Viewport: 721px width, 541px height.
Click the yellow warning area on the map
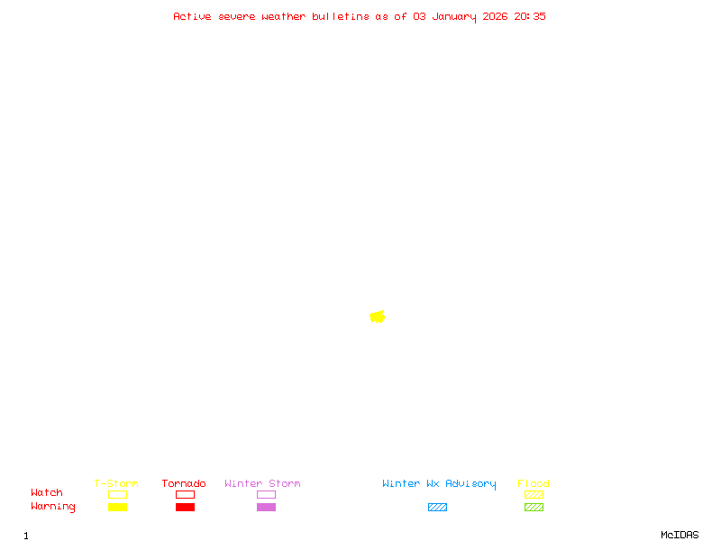pyautogui.click(x=377, y=316)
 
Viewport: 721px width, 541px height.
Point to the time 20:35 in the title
pyautogui.click(x=530, y=16)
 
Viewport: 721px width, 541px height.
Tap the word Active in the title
pyautogui.click(x=193, y=16)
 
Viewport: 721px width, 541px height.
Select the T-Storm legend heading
pyautogui.click(x=116, y=483)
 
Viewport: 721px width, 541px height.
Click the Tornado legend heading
pyautogui.click(x=184, y=483)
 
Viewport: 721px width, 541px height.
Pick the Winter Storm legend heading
pyautogui.click(x=262, y=483)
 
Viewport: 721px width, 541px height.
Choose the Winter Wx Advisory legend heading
pyautogui.click(x=439, y=483)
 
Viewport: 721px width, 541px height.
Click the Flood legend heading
pyautogui.click(x=534, y=483)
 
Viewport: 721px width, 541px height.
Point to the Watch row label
pyautogui.click(x=47, y=493)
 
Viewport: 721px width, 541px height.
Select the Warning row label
pyautogui.click(x=53, y=507)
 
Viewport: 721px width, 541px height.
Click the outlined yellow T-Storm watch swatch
pyautogui.click(x=117, y=494)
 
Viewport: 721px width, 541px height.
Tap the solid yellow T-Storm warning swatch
pyautogui.click(x=117, y=507)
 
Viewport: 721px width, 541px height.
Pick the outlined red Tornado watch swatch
pyautogui.click(x=185, y=494)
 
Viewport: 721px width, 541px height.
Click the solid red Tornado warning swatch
pyautogui.click(x=185, y=507)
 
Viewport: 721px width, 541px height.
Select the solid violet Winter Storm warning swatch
pyautogui.click(x=266, y=507)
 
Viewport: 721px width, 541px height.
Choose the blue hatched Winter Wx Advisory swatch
pyautogui.click(x=437, y=507)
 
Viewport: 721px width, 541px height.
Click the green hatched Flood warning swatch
pyautogui.click(x=534, y=507)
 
